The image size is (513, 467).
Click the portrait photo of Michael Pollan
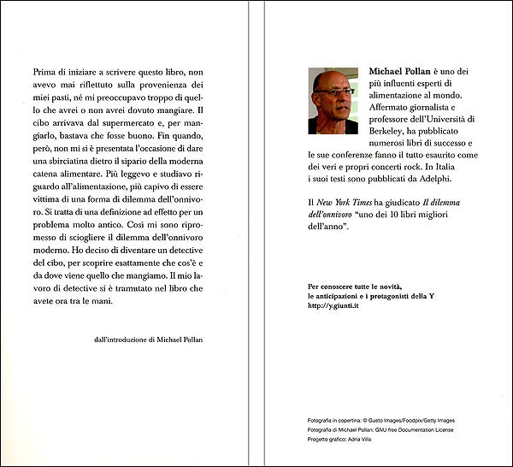click(333, 102)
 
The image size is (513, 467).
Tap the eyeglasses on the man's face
click(334, 92)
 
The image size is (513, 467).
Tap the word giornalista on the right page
click(431, 104)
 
